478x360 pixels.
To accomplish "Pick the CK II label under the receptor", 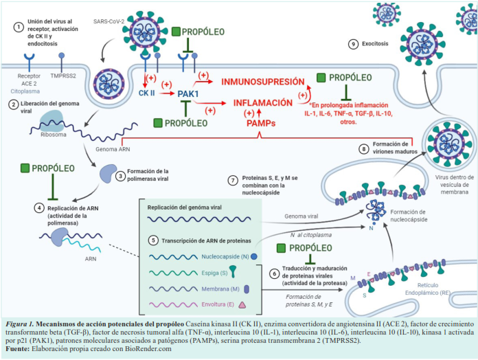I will (148, 91).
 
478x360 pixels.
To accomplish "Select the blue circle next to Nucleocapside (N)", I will (253, 256).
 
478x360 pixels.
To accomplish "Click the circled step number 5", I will (153, 241).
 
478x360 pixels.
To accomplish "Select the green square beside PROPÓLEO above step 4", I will (25, 168).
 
